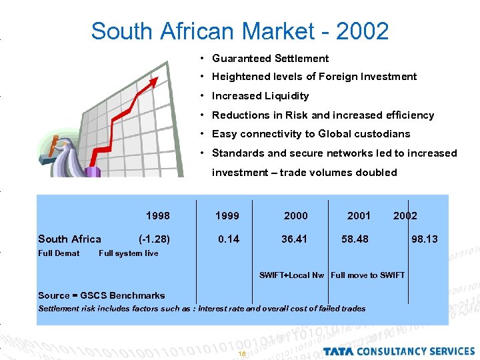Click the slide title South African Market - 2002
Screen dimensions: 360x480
(239, 31)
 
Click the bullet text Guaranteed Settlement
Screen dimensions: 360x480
(270, 59)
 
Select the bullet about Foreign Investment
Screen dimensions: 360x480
(314, 77)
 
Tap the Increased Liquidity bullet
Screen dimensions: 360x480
(260, 96)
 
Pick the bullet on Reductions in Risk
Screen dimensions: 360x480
(323, 115)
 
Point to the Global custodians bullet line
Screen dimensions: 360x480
(311, 134)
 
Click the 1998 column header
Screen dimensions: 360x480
(157, 215)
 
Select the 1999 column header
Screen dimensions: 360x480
(227, 215)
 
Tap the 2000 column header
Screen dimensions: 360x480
(296, 215)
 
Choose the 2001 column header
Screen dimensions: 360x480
(359, 215)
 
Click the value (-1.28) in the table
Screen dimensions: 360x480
(154, 239)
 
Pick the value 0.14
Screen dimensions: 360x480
(229, 239)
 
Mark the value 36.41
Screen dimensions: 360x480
(294, 239)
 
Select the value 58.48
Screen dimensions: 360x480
(355, 239)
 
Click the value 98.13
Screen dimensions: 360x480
(425, 239)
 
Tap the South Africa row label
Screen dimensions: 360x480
(69, 239)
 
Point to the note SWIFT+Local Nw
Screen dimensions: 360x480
(291, 275)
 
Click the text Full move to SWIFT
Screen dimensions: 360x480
(367, 275)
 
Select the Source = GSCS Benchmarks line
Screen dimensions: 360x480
(101, 295)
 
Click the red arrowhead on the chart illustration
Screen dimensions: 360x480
(154, 81)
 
